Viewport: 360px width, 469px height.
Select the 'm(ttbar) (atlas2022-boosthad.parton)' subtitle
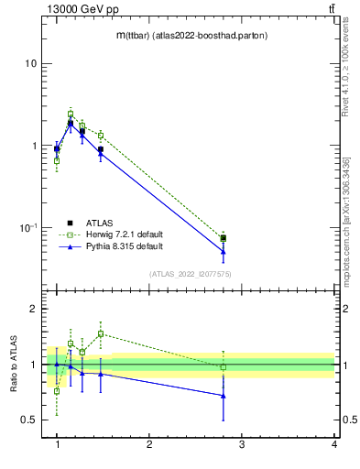[191, 35]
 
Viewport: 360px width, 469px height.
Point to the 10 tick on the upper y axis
[31, 64]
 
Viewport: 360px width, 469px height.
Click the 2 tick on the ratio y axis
[33, 310]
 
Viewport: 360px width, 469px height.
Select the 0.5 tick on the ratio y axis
[29, 420]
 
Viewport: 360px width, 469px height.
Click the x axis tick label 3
[242, 444]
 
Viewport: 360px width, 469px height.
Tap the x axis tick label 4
[334, 444]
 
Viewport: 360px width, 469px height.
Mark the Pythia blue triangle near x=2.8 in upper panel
[224, 251]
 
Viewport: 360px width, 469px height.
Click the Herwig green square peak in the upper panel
[71, 115]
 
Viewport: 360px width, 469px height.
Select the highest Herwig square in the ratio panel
[101, 333]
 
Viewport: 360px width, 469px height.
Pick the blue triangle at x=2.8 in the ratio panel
[224, 396]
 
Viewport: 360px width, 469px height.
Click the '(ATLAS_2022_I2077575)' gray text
[191, 273]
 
